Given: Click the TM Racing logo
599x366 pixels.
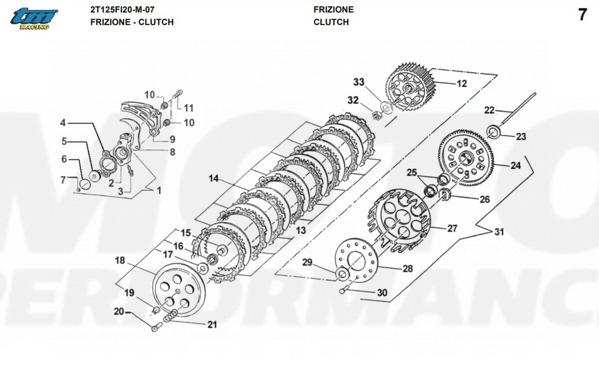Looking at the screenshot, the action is pos(34,18).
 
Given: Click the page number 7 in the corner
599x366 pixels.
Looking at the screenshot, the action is pos(583,15).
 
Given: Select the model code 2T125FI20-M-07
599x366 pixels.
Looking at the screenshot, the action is pos(122,9).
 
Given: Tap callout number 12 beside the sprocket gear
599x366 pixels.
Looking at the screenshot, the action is pos(462,84).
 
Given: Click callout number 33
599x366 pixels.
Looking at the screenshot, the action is pos(359,82).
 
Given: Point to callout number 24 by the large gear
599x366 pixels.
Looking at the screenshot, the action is pos(516,166).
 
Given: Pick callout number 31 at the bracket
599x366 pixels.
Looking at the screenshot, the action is pos(499,232).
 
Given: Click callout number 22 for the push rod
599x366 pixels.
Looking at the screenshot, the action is pos(489,110).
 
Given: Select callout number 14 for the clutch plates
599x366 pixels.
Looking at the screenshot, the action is pos(214,178).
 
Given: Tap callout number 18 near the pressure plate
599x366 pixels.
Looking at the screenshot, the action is pos(120,260).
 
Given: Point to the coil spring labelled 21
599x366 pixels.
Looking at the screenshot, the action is pos(170,315).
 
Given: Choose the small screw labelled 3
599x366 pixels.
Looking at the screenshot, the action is pos(131,171).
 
